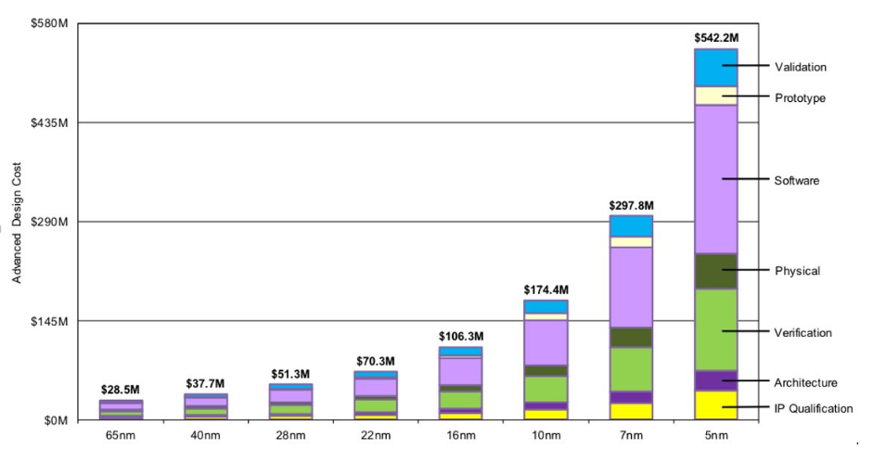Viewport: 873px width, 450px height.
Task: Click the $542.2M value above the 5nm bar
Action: pos(715,38)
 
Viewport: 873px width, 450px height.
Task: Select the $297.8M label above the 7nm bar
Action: pos(631,205)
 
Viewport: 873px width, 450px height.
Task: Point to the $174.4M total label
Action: pos(546,289)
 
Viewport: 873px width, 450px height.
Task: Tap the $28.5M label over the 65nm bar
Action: pos(121,390)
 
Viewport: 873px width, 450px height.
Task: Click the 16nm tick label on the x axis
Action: pos(461,434)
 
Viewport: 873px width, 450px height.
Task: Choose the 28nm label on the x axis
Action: pos(290,434)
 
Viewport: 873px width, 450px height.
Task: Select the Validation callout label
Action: pos(800,67)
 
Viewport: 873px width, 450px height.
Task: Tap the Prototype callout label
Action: pos(800,98)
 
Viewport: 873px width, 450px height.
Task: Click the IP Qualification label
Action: pos(813,408)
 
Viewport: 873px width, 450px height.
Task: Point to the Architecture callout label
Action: pos(805,382)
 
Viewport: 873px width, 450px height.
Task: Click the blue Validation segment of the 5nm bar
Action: pos(715,68)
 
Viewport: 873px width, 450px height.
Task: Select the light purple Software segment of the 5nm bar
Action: pos(715,178)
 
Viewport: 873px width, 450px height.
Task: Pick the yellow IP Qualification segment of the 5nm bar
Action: pos(715,405)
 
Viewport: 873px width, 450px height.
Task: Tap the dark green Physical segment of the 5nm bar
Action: pos(715,271)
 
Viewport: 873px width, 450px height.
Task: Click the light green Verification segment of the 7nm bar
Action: pos(631,369)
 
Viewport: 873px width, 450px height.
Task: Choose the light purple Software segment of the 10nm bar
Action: pos(546,341)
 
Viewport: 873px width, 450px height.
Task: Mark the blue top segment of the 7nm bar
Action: pos(631,226)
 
